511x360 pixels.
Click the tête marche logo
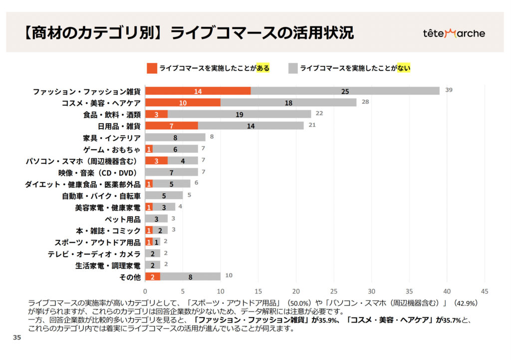[454, 33]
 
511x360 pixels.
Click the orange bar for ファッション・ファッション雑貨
[198, 91]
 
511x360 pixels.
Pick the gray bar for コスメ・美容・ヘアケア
[288, 102]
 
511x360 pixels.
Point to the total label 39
[449, 90]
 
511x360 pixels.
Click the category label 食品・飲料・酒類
[112, 114]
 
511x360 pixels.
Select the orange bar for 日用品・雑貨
[171, 126]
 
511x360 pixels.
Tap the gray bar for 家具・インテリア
[175, 137]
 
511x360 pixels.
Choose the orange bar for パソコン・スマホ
[156, 161]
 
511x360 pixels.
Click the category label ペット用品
[122, 219]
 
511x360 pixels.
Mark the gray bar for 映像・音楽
[171, 172]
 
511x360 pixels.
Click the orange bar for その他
[153, 277]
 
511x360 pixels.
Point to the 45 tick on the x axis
[484, 291]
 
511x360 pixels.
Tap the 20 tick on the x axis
[296, 291]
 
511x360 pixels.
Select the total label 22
[319, 113]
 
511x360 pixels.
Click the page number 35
[17, 338]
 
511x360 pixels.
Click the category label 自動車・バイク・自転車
[101, 196]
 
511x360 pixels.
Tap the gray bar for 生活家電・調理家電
[153, 265]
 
